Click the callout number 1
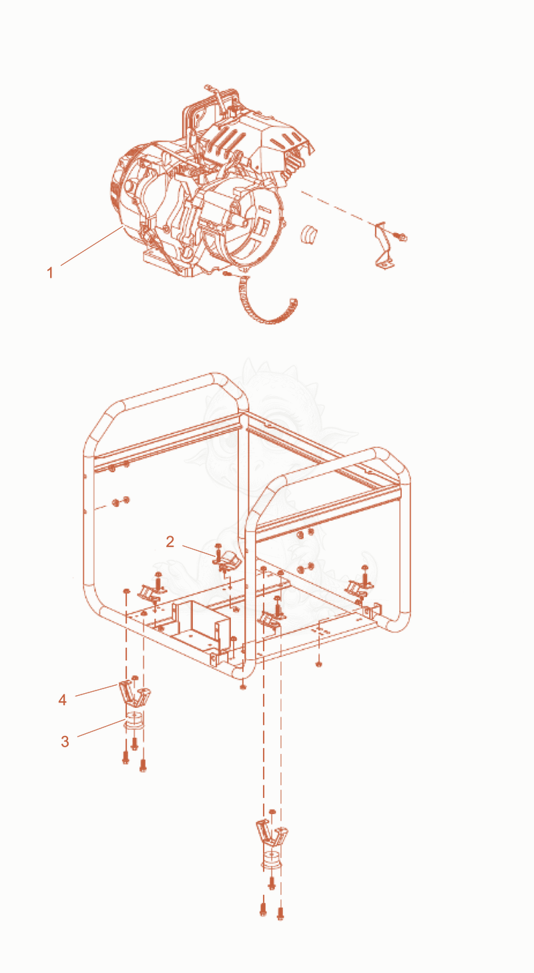point(50,272)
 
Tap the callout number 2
point(170,541)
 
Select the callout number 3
point(65,741)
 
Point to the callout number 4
point(63,700)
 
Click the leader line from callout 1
point(91,246)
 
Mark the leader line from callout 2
point(198,550)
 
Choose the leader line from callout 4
point(97,691)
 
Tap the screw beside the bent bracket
point(400,236)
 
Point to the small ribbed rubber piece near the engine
point(309,234)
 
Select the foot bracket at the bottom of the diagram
point(272,832)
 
